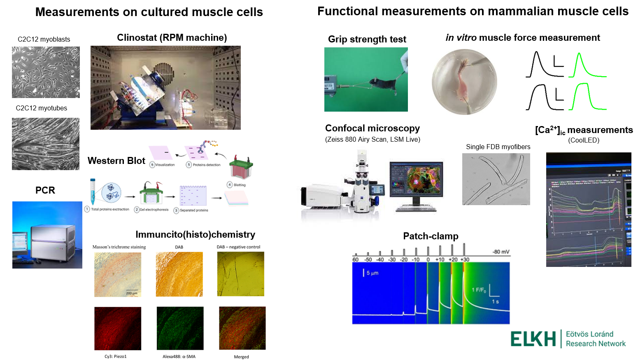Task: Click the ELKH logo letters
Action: pyautogui.click(x=533, y=339)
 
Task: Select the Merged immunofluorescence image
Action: pyautogui.click(x=242, y=328)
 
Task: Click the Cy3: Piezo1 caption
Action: pyautogui.click(x=116, y=356)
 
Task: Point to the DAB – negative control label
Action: pyautogui.click(x=238, y=247)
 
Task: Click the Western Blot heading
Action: pyautogui.click(x=116, y=161)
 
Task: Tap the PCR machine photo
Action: pyautogui.click(x=47, y=235)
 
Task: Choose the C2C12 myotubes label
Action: pyautogui.click(x=41, y=108)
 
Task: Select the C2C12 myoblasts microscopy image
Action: pyautogui.click(x=46, y=72)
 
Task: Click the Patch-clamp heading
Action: pyautogui.click(x=431, y=236)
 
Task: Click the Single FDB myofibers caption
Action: pyautogui.click(x=498, y=147)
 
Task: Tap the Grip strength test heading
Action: pyautogui.click(x=367, y=39)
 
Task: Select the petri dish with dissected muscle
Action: pyautogui.click(x=464, y=82)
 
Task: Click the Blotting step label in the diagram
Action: pyautogui.click(x=240, y=185)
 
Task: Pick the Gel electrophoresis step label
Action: pyautogui.click(x=154, y=210)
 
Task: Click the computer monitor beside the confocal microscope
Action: pyautogui.click(x=416, y=181)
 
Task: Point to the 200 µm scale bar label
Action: pyautogui.click(x=132, y=293)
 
